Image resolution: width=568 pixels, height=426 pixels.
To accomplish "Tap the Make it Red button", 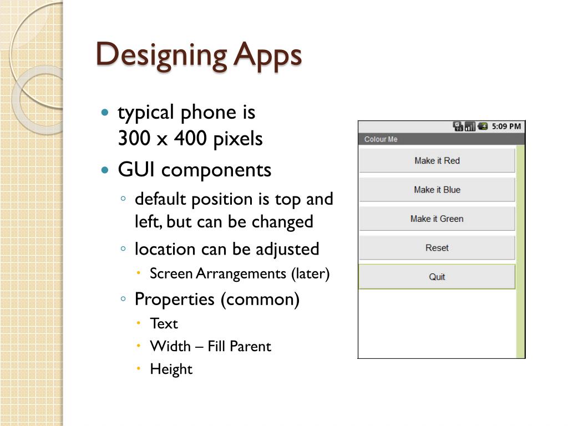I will coord(437,161).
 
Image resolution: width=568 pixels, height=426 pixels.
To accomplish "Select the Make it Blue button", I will coord(437,190).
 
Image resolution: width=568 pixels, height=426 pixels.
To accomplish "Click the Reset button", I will coord(437,248).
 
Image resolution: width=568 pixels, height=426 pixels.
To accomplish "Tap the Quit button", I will coord(437,277).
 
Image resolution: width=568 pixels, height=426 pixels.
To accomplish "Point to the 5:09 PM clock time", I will coord(506,126).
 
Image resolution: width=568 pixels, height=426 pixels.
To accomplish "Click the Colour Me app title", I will coord(381,139).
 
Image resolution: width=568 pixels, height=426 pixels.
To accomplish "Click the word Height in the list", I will coord(171,369).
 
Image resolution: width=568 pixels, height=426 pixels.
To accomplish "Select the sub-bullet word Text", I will coord(164,323).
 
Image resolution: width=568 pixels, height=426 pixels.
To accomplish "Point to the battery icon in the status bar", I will coord(483,126).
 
